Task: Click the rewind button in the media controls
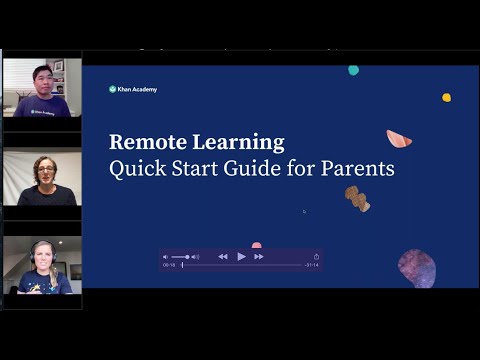pyautogui.click(x=223, y=257)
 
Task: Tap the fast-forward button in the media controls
pyautogui.click(x=259, y=257)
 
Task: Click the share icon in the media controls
pyautogui.click(x=316, y=257)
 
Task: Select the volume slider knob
pyautogui.click(x=187, y=257)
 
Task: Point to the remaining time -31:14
pyautogui.click(x=310, y=266)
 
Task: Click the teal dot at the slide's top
pyautogui.click(x=353, y=70)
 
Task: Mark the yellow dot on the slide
pyautogui.click(x=446, y=97)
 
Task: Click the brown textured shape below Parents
pyautogui.click(x=357, y=198)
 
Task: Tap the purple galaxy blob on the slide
pyautogui.click(x=416, y=267)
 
